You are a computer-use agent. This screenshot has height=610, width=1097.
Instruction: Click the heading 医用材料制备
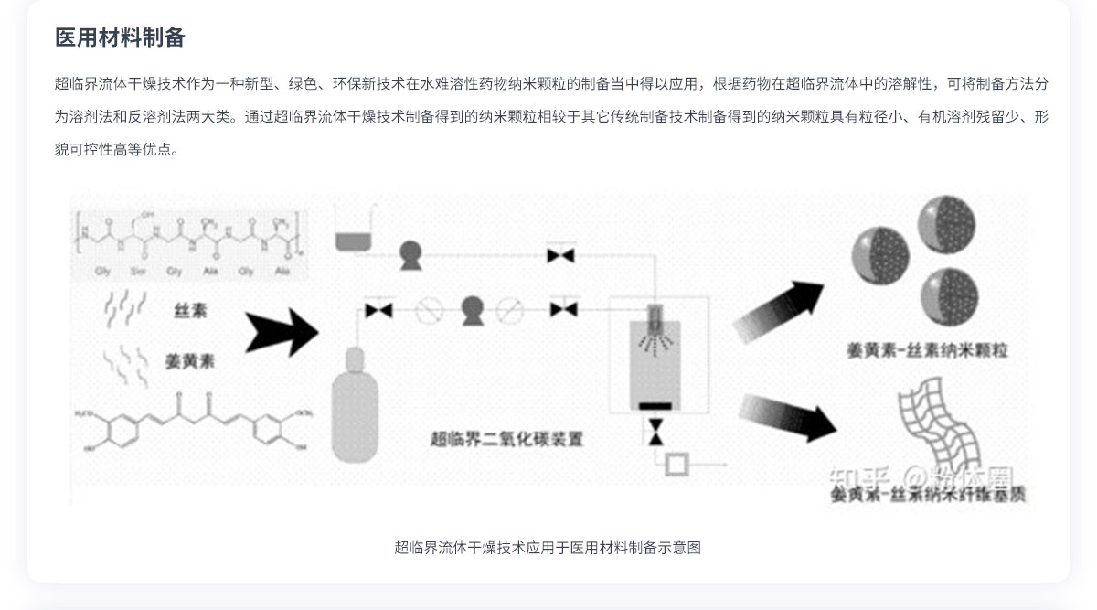120,37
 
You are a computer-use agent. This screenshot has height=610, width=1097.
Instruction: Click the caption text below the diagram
548,548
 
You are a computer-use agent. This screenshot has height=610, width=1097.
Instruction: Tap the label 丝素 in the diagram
190,310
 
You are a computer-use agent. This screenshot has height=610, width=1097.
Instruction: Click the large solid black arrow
281,330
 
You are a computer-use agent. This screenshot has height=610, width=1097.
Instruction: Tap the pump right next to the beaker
410,254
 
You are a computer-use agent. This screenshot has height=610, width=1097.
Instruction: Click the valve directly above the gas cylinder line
378,310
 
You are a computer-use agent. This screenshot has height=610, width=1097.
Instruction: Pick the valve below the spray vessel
655,431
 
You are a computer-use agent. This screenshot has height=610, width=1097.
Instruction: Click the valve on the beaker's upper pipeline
559,255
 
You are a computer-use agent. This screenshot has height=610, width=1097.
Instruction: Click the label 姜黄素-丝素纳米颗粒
927,350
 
